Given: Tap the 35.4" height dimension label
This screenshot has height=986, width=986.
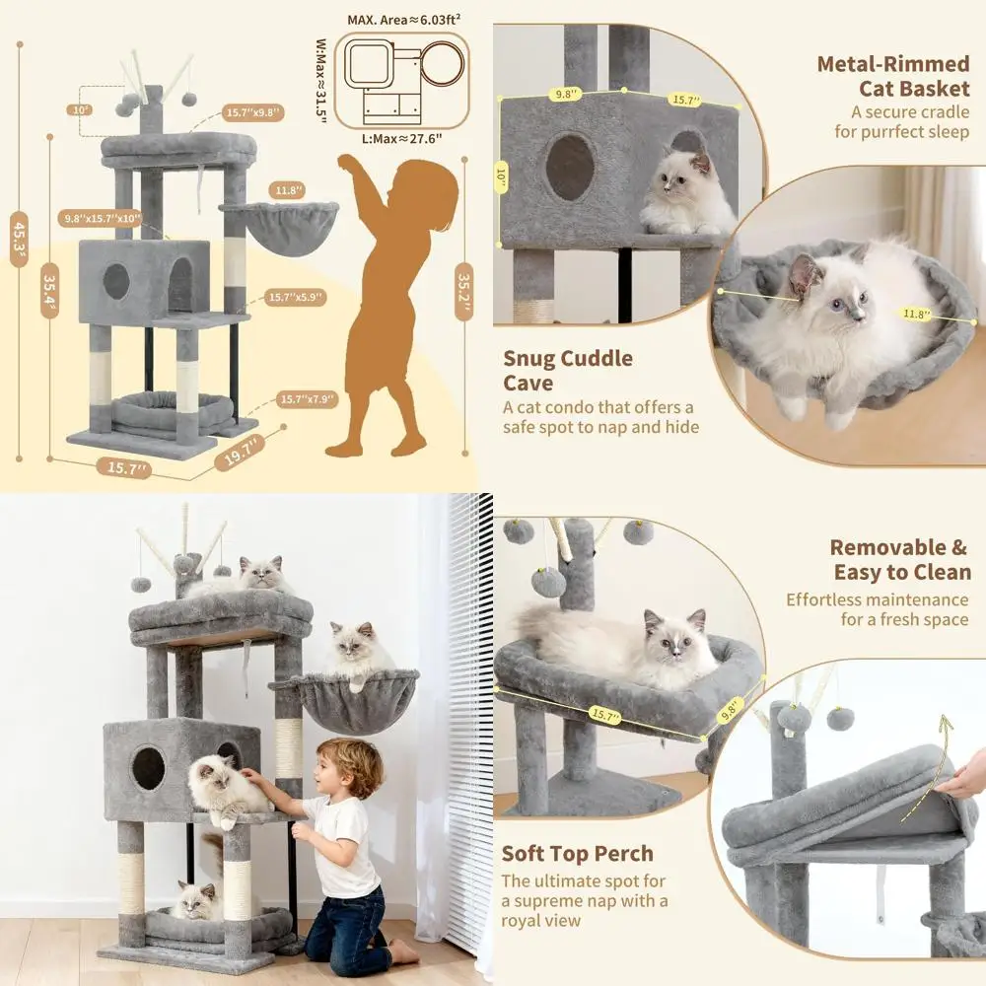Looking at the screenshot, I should click(x=47, y=292).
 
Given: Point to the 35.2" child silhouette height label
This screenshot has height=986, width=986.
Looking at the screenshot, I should click(x=462, y=291).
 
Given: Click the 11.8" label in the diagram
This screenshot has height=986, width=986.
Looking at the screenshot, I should click(x=290, y=190).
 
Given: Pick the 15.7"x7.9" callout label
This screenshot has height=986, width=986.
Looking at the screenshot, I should click(x=309, y=399).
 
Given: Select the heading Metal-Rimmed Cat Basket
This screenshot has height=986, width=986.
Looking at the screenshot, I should click(x=892, y=76).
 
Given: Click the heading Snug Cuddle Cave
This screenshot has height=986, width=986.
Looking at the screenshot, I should click(x=568, y=370).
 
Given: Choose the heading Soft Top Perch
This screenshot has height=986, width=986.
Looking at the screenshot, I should click(x=577, y=854).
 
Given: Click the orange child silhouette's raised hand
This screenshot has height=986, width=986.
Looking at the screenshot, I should click(x=347, y=162).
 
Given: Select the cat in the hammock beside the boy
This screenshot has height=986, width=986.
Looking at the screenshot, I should click(x=353, y=651).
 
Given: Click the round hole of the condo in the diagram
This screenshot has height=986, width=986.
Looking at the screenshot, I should click(x=116, y=282).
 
